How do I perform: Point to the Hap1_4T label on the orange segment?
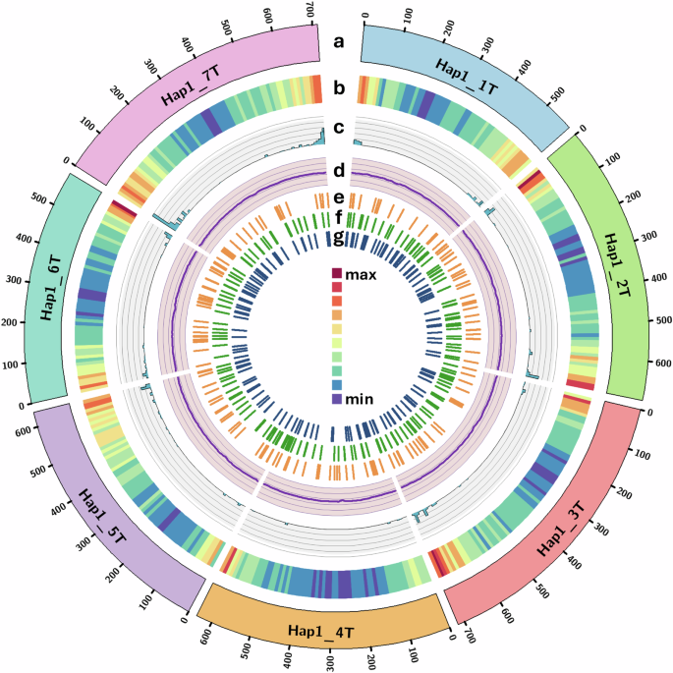(x=324, y=629)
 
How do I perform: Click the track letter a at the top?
(x=338, y=41)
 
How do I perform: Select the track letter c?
(x=338, y=127)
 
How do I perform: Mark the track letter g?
(x=338, y=239)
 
